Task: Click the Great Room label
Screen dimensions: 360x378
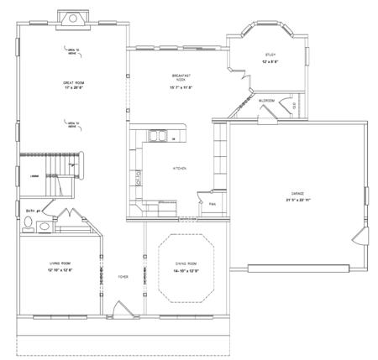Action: point(73,83)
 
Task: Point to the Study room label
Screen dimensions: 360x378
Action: point(269,55)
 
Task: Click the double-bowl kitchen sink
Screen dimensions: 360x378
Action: point(156,136)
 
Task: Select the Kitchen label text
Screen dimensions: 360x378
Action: point(179,169)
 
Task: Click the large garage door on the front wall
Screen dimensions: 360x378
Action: point(301,269)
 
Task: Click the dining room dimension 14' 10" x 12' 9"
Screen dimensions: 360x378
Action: point(185,270)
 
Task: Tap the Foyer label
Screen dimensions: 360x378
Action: point(122,275)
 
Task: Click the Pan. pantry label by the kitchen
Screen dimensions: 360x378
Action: point(213,203)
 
